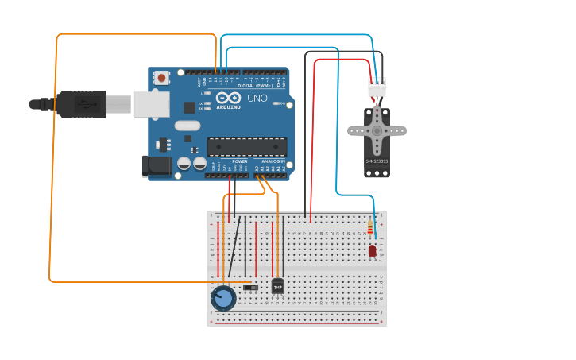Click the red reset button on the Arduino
pos(162,78)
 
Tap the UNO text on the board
pos(257,99)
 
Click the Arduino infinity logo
pos(229,98)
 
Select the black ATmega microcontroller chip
pos(246,146)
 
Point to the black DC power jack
pos(157,165)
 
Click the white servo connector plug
pos(377,87)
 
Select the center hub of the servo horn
pos(377,130)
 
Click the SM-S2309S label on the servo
pos(377,161)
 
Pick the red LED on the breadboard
pos(372,251)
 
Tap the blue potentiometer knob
pos(223,299)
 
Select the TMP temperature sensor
pos(278,286)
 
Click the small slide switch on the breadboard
pos(250,287)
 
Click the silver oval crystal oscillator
pos(187,125)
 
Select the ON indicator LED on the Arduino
pos(276,103)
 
